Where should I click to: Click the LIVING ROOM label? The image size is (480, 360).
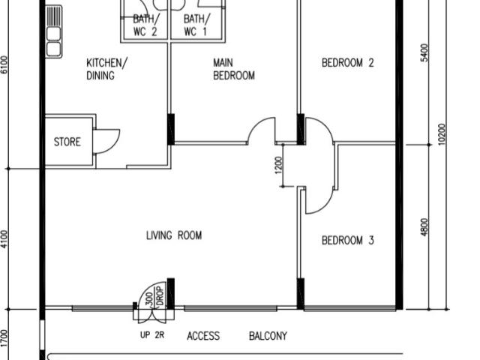coord(174,235)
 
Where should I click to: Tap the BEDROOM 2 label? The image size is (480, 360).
coord(347,64)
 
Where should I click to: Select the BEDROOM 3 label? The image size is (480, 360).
coord(347,241)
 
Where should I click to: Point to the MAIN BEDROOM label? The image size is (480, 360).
coord(233,69)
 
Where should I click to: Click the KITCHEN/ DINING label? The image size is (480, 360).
coord(106,69)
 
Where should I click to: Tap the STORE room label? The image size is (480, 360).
coord(67,141)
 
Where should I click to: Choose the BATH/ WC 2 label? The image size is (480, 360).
coord(145,25)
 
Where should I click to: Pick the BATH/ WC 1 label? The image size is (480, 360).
coord(196,25)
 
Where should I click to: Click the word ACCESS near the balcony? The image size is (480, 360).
coord(203,336)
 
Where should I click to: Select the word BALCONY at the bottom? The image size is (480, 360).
coord(268,336)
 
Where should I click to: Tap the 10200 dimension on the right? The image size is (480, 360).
coord(442,135)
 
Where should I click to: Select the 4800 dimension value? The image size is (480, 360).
coord(424,226)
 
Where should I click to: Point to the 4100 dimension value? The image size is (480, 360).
coord(5,238)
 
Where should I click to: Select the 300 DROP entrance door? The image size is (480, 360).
coord(154,296)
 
